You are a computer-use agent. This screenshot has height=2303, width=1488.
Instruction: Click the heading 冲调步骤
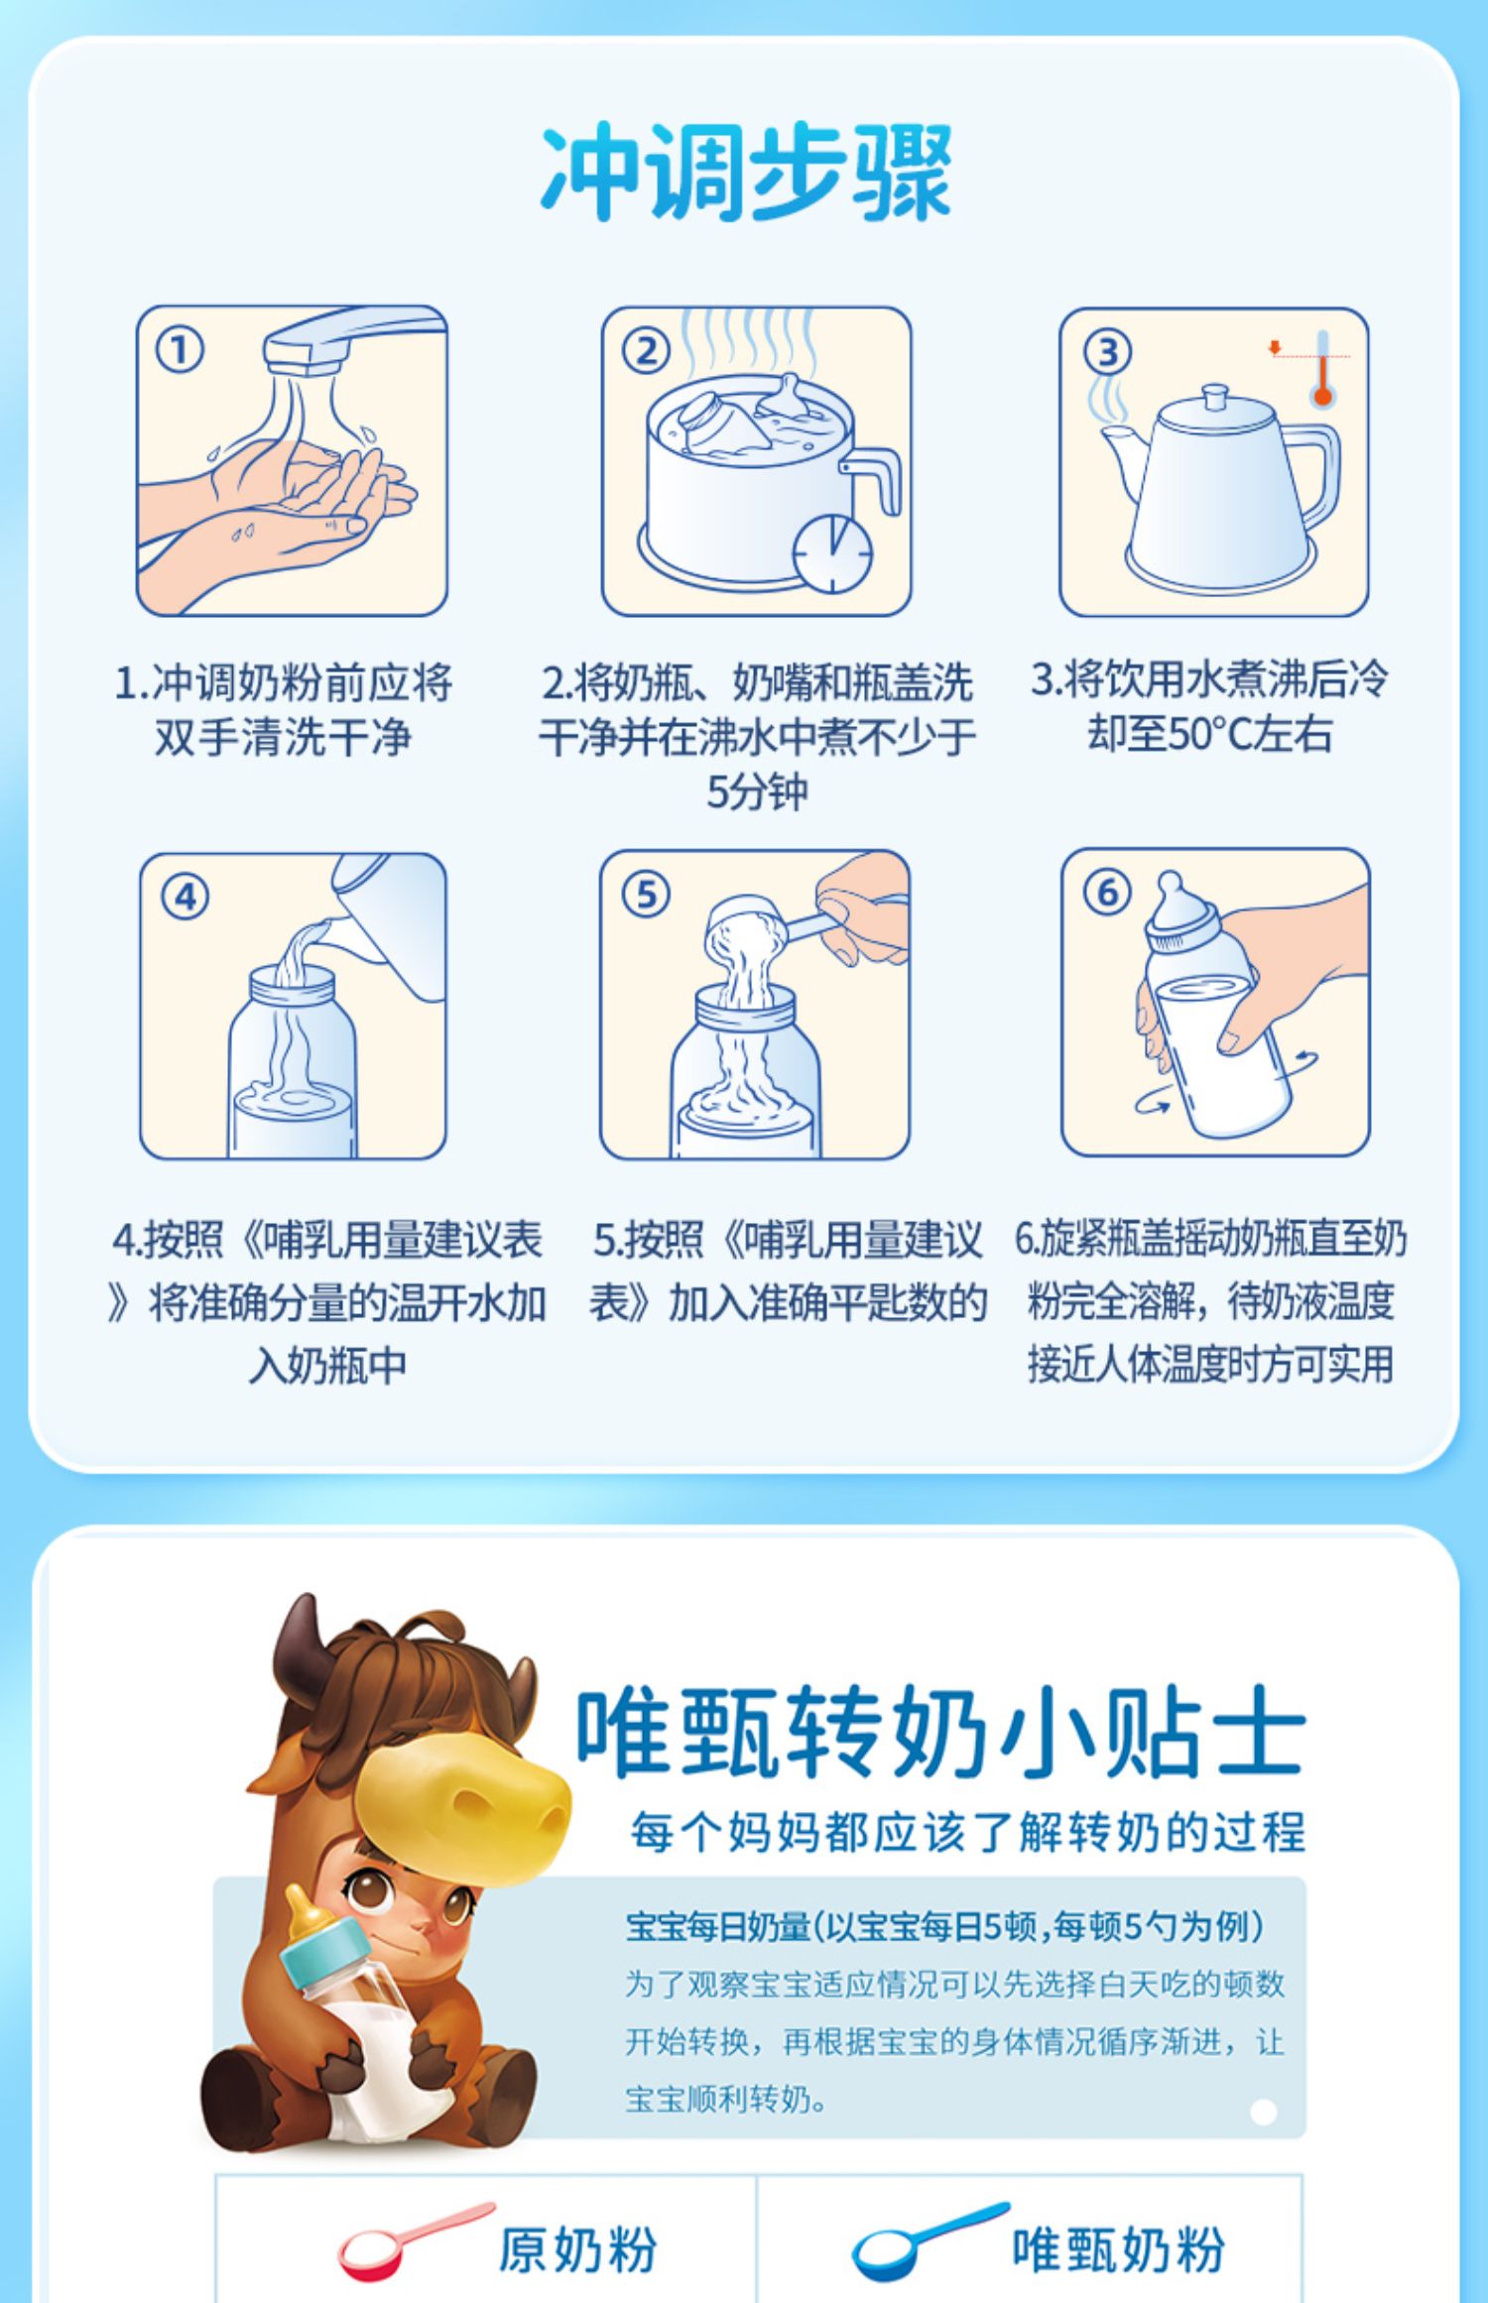[746, 174]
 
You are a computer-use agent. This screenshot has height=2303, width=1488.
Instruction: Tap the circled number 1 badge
[180, 351]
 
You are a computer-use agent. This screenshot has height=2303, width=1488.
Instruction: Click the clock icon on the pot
[833, 553]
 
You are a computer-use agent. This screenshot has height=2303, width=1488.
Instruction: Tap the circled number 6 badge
[1107, 893]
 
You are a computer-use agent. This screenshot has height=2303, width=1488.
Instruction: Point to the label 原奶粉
[576, 2249]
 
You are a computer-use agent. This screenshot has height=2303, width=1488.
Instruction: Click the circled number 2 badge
[646, 352]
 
